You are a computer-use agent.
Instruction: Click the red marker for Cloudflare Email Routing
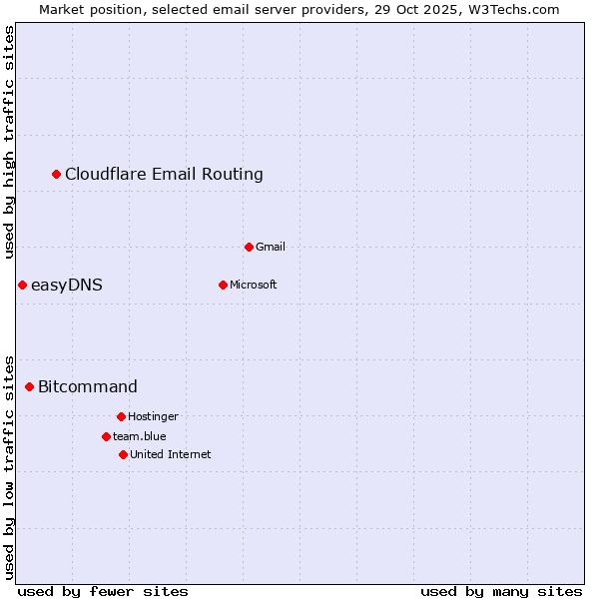tap(57, 175)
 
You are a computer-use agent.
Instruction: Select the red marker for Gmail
tap(249, 247)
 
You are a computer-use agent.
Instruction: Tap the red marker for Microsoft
tap(223, 285)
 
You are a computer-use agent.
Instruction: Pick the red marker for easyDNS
tap(22, 286)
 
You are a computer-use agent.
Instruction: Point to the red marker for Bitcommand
tap(29, 386)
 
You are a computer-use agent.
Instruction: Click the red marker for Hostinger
tap(121, 416)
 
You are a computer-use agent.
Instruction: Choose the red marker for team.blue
tap(106, 436)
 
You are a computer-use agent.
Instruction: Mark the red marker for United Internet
tap(123, 454)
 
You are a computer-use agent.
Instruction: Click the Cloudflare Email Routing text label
tap(164, 175)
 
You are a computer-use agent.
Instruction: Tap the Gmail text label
tap(271, 247)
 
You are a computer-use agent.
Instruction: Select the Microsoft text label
tap(254, 285)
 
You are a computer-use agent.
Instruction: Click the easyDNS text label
tap(67, 286)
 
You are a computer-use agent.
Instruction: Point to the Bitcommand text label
tap(88, 386)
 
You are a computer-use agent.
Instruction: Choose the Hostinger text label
tap(153, 416)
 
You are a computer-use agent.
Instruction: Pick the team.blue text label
tap(140, 436)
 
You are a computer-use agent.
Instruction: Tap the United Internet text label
tap(171, 454)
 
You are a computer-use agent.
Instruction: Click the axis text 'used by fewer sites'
tap(103, 591)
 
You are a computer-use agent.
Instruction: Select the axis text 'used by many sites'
tap(501, 591)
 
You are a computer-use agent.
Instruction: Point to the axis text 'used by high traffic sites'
tap(9, 143)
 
